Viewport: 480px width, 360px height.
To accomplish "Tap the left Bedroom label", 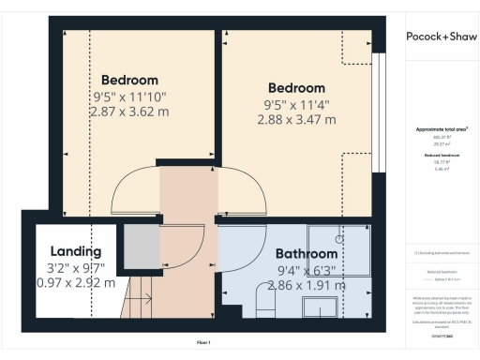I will (x=129, y=80).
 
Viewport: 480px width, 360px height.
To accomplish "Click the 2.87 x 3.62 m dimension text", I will (x=129, y=112).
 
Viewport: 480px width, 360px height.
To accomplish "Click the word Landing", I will (x=75, y=251).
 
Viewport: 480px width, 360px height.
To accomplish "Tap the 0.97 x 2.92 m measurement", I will (x=75, y=282).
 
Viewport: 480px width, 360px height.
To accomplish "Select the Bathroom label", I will (x=306, y=254).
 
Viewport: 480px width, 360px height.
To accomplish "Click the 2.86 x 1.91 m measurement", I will (x=306, y=284).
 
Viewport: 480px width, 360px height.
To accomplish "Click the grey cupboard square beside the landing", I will (x=141, y=246).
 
